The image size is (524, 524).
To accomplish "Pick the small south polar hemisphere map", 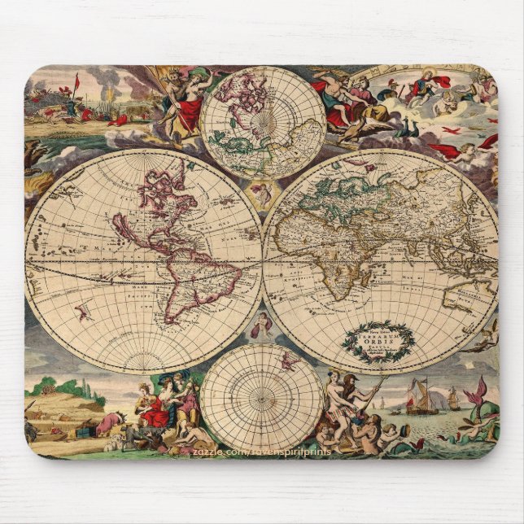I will tap(262, 396).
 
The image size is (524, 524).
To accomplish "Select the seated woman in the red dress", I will tap(155, 406).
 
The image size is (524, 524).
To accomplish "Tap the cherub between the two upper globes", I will tap(261, 194).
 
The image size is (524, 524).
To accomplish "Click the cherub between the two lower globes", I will tap(261, 325).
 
